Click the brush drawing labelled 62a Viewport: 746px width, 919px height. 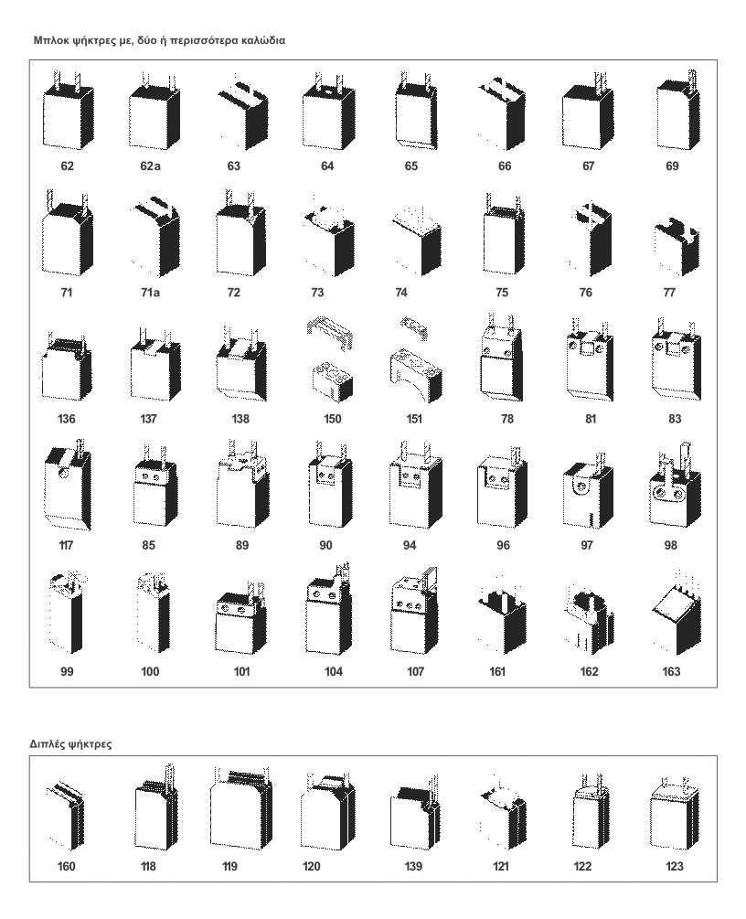[153, 112]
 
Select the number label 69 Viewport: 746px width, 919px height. [672, 166]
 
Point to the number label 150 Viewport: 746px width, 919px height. [332, 419]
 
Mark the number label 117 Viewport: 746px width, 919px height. [66, 545]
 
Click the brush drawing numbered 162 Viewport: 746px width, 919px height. [589, 619]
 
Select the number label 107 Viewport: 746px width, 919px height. [415, 672]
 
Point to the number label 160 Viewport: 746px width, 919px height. [66, 866]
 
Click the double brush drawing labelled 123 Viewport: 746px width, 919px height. [675, 815]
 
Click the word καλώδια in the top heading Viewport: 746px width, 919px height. [263, 41]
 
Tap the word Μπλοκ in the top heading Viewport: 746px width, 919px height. [49, 41]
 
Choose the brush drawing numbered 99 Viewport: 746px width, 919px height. [66, 613]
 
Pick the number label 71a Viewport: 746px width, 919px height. [150, 292]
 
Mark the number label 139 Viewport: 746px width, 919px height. [413, 866]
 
